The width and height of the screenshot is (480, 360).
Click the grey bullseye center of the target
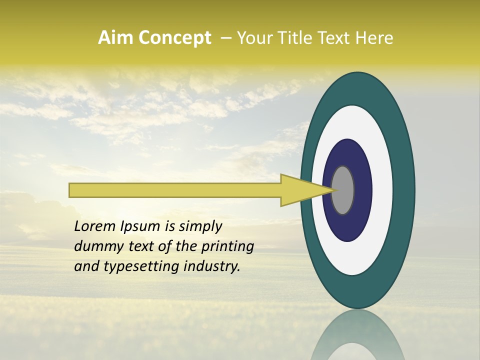tap(343, 190)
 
